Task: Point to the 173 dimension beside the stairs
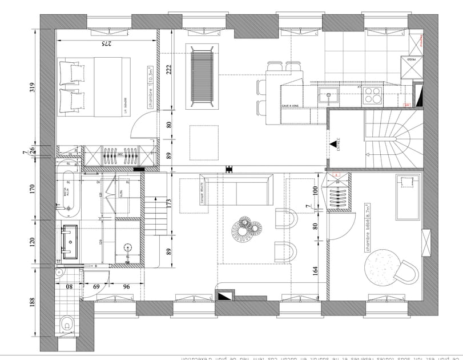[168, 203]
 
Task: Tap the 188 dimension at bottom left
[32, 303]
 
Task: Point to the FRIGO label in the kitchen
[410, 58]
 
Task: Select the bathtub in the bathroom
[69, 193]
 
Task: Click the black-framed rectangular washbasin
[71, 242]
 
